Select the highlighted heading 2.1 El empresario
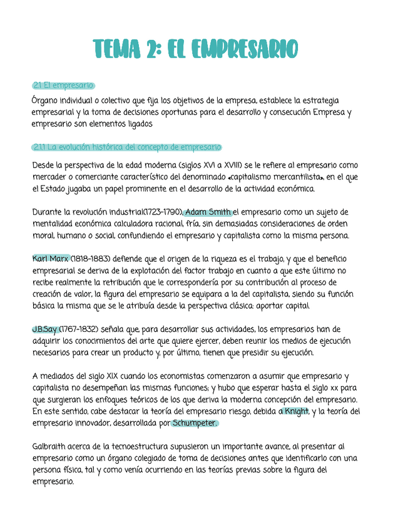63,85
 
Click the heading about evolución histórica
126,147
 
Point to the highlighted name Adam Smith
208,212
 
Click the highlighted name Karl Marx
50,258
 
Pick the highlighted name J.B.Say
44,329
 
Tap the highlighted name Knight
296,411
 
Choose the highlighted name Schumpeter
195,423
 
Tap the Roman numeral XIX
116,376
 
